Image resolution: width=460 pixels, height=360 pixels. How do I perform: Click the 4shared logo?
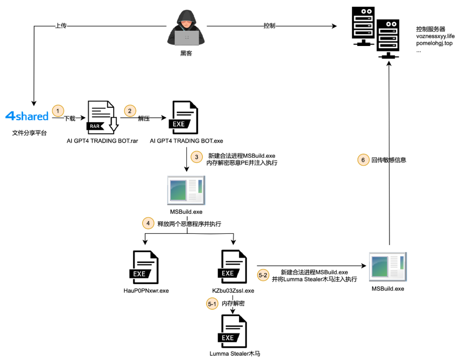tap(27, 116)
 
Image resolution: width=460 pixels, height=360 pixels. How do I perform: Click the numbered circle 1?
tap(58, 111)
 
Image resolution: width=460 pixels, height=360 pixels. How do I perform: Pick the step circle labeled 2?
tap(129, 111)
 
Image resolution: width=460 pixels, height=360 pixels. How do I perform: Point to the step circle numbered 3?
tap(196, 157)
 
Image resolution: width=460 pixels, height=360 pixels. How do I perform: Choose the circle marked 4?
tap(148, 223)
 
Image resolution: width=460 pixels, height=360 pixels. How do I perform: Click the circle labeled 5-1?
tap(212, 304)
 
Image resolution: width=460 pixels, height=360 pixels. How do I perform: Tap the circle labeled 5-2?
tap(263, 275)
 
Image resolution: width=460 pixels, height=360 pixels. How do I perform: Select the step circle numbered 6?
tap(363, 160)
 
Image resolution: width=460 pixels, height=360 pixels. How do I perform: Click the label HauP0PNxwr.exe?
tap(146, 291)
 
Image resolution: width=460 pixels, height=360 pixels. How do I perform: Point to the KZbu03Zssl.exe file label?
tap(233, 291)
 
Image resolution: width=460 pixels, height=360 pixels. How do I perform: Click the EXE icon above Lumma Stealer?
tap(233, 331)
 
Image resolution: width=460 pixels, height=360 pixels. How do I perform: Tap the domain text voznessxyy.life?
tap(435, 36)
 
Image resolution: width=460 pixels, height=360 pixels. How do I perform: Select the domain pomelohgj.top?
tap(434, 43)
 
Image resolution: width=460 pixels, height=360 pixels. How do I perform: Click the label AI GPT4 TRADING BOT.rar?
tap(102, 141)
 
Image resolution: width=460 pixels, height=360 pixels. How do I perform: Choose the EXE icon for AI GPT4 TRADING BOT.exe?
tap(183, 117)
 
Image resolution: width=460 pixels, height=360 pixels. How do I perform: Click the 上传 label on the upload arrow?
tap(61, 26)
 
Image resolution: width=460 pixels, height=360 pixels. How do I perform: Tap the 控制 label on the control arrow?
tap(269, 26)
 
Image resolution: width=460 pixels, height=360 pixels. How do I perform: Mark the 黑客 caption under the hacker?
tap(186, 53)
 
